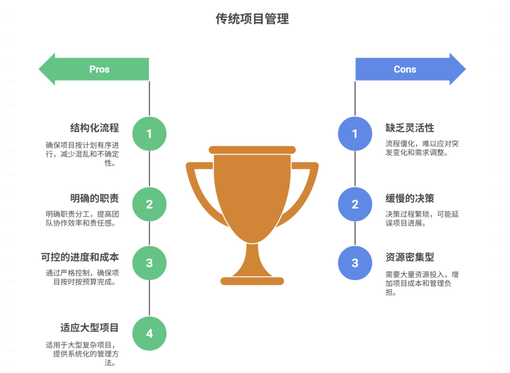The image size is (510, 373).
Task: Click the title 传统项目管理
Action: pos(252,19)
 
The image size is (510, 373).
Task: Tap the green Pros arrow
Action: pos(95,69)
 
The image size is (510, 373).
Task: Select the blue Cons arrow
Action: pos(409,69)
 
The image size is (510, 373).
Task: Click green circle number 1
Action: pos(149,133)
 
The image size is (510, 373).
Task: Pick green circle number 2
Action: pos(149,204)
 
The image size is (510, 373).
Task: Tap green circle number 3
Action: pos(149,263)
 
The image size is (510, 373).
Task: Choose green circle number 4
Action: pos(149,333)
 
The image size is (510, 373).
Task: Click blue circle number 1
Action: pos(355,133)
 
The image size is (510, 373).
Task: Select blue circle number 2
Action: pos(355,204)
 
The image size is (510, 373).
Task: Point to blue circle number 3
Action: pos(355,263)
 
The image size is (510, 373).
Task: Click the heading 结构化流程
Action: pos(94,128)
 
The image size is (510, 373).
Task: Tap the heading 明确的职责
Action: pos(94,198)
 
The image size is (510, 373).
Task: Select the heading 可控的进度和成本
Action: pos(80,257)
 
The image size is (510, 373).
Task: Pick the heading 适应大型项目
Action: pos(89,328)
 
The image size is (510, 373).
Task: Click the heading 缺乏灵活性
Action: pos(410,128)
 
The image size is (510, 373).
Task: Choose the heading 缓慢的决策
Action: pos(410,198)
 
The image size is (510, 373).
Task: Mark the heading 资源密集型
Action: pos(410,257)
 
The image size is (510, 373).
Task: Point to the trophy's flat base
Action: pos(252,281)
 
